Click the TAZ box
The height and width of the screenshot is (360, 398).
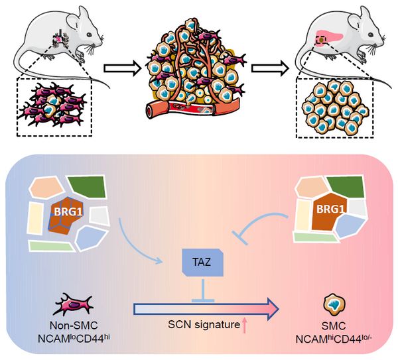[202, 263]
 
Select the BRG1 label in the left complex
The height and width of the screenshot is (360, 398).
[68, 212]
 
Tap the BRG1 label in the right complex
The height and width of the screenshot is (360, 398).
[330, 210]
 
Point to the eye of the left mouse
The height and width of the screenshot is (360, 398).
[89, 34]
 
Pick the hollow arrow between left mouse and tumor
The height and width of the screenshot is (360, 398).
[122, 68]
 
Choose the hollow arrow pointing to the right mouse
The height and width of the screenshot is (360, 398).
[270, 68]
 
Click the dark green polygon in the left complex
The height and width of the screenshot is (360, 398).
[87, 186]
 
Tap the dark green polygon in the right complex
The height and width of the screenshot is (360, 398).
[346, 186]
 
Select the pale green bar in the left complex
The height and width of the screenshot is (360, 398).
[52, 245]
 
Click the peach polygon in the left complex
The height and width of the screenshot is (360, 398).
[46, 188]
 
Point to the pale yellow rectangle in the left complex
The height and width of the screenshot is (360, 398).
[35, 218]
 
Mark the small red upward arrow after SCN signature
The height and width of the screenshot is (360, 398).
[244, 326]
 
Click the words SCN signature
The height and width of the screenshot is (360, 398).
[204, 324]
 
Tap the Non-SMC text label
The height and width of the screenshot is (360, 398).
[74, 326]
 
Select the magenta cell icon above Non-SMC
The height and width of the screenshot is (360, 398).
[74, 304]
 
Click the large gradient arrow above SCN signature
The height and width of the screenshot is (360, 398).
[206, 309]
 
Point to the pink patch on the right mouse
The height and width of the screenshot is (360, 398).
[330, 36]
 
